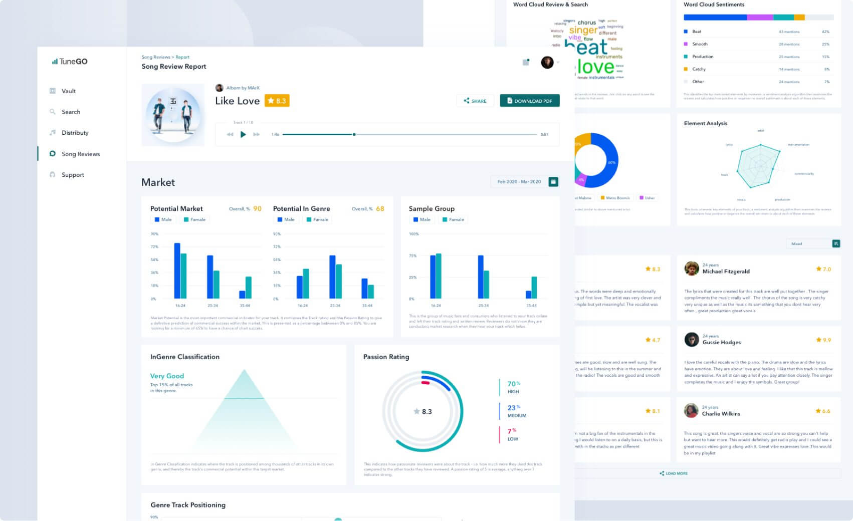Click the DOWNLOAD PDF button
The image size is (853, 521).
pyautogui.click(x=530, y=101)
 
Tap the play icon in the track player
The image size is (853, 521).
pyautogui.click(x=243, y=134)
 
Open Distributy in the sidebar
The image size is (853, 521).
pyautogui.click(x=75, y=133)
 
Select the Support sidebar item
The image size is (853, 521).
pyautogui.click(x=73, y=175)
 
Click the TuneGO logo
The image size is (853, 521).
pyautogui.click(x=70, y=62)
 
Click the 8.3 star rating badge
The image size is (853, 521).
pyautogui.click(x=277, y=101)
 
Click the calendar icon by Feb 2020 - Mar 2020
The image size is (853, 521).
pyautogui.click(x=553, y=182)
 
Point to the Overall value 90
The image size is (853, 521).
pyautogui.click(x=257, y=209)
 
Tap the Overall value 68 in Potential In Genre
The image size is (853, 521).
pyautogui.click(x=380, y=209)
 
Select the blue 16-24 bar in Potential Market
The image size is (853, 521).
pyautogui.click(x=177, y=271)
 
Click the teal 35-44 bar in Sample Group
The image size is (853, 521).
pyautogui.click(x=534, y=288)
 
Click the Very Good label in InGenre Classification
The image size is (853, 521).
pyautogui.click(x=167, y=376)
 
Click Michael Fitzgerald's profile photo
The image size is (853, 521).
pyautogui.click(x=692, y=269)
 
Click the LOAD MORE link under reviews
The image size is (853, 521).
pyautogui.click(x=674, y=473)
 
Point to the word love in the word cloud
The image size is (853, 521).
pyautogui.click(x=595, y=67)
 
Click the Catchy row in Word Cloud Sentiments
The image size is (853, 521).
pyautogui.click(x=699, y=69)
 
